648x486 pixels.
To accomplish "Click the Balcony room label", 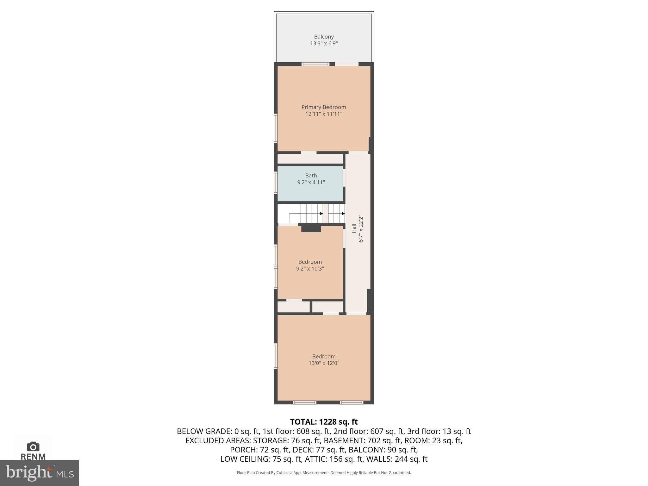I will pos(324,37).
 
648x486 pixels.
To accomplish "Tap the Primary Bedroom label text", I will pos(324,107).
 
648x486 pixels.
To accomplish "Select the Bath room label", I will pos(311,176).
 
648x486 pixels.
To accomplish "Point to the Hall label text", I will pos(354,228).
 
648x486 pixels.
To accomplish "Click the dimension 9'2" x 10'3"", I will pos(310,269).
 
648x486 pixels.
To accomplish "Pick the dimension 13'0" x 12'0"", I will pos(324,363).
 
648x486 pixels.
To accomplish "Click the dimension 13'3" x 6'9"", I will pos(324,44).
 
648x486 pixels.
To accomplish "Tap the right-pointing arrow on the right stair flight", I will pos(343,214).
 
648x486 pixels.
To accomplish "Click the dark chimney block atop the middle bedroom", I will pos(311,228).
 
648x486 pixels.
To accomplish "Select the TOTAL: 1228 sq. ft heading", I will pos(324,422).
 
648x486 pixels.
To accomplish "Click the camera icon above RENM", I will pos(33,446).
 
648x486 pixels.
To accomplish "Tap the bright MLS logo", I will pos(39,473).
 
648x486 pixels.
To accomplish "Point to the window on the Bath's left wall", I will pos(276,183).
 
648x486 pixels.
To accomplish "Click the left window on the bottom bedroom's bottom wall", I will pos(304,402).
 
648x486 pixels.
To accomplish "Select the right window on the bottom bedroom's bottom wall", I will pos(351,402).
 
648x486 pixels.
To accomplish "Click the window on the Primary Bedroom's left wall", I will pos(276,128).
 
